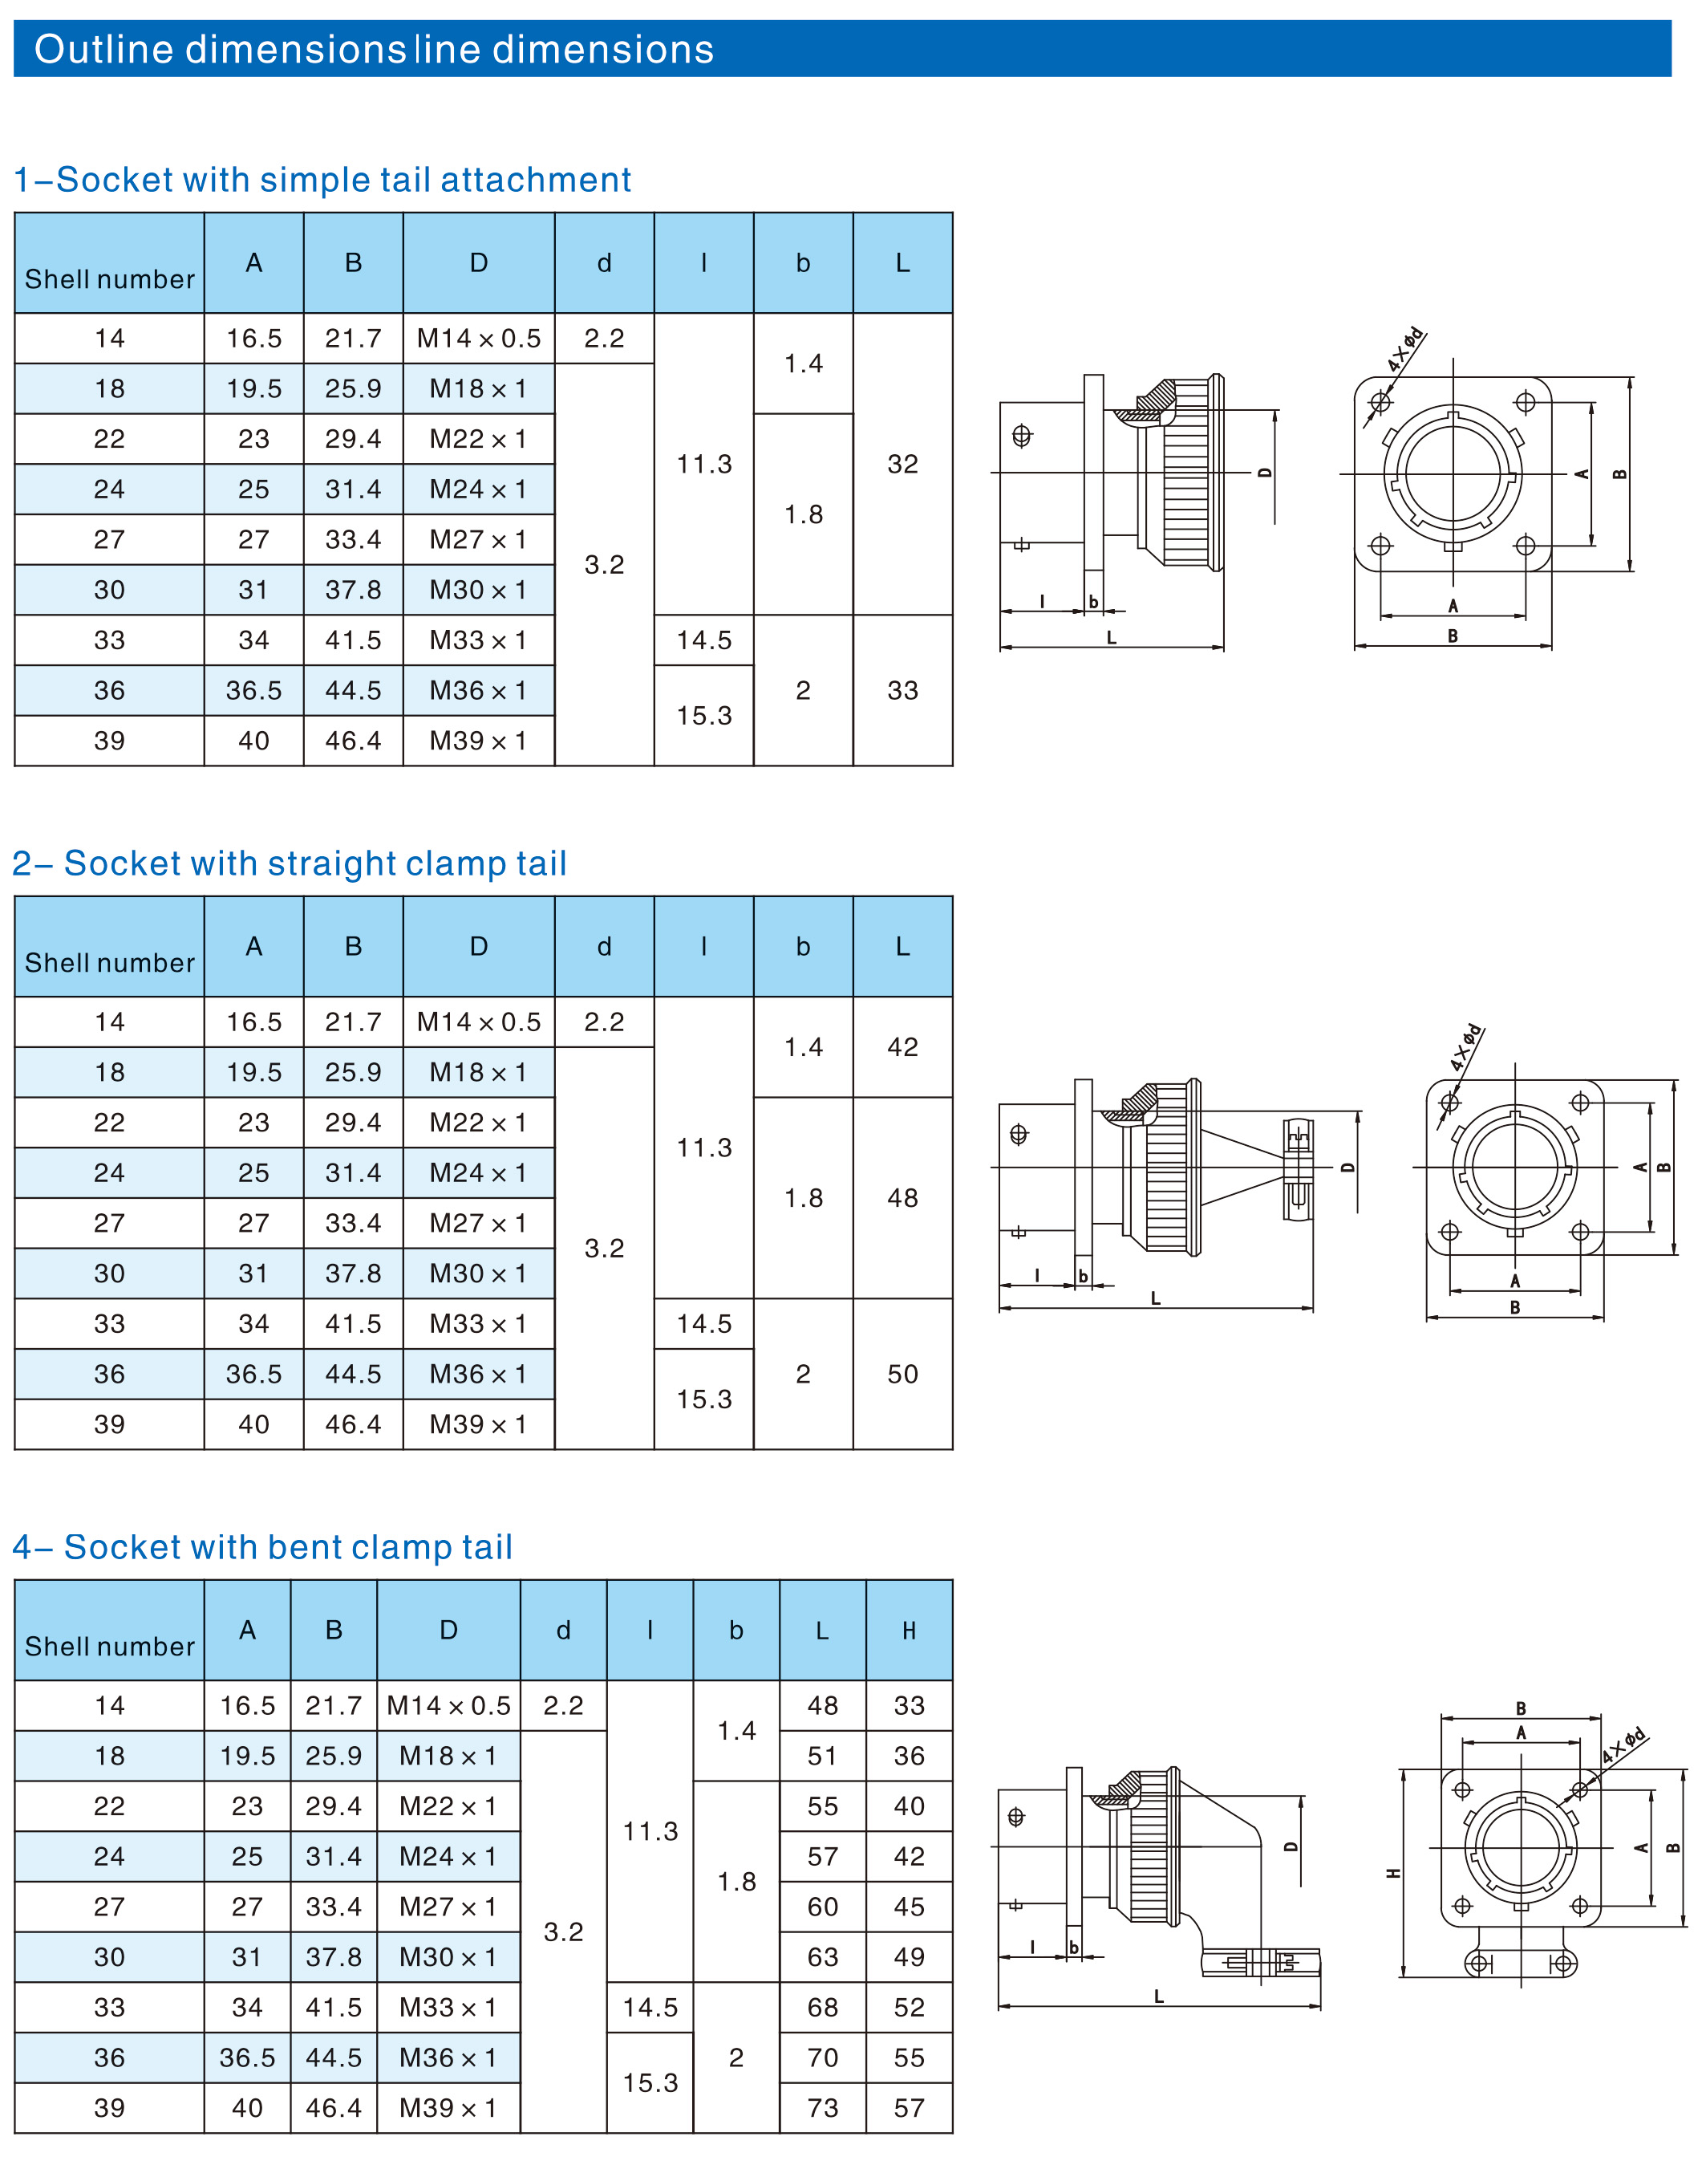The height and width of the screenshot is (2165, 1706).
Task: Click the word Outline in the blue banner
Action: (x=104, y=49)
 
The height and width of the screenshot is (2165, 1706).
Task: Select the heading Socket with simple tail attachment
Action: (x=343, y=180)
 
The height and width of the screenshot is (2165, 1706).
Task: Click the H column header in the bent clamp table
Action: (x=909, y=1631)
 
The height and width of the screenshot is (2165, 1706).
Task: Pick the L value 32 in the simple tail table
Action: (x=903, y=464)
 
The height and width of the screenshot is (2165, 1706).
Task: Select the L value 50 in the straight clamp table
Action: (x=903, y=1374)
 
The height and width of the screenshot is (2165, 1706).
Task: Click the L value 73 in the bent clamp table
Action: (x=823, y=2108)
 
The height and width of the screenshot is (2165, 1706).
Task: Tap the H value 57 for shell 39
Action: (x=909, y=2108)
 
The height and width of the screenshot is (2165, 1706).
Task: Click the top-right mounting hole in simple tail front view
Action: (x=1526, y=403)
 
